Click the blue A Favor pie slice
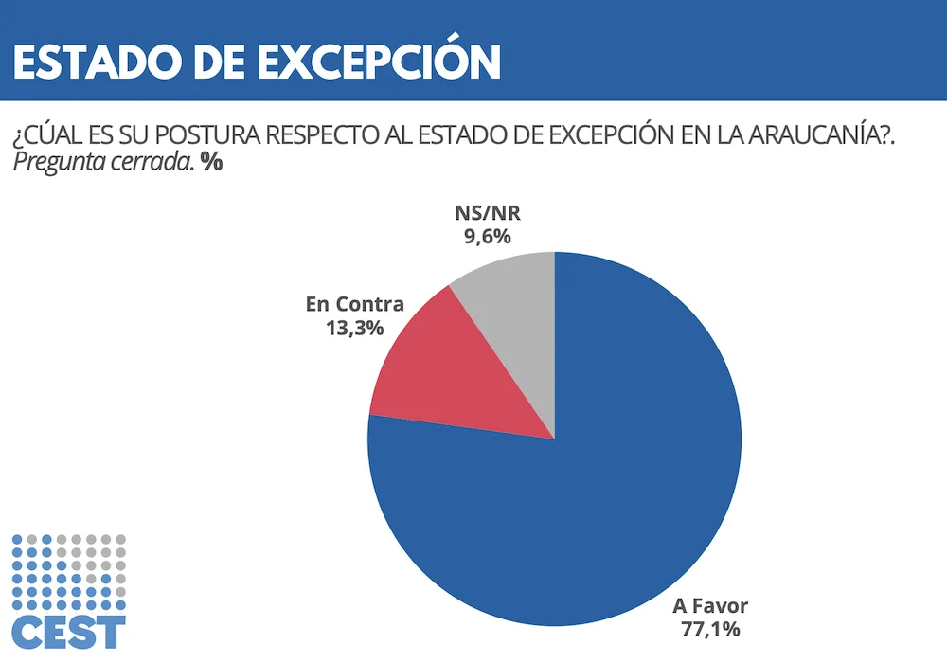(587, 493)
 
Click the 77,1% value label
(710, 629)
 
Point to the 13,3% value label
(356, 328)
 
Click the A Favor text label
(710, 605)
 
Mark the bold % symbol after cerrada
(210, 162)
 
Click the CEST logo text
(69, 632)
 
